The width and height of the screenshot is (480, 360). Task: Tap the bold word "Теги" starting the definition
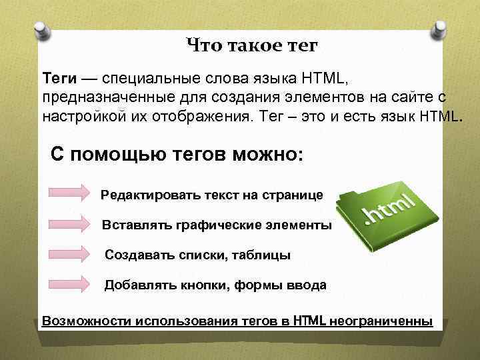point(59,80)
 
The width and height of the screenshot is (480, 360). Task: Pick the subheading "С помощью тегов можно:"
point(177,155)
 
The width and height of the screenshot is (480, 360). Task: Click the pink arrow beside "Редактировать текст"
point(69,193)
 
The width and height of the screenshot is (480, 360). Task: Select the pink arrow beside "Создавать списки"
point(69,254)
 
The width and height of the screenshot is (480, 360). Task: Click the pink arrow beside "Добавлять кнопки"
point(69,285)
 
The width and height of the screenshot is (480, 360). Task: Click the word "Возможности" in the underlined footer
point(80,321)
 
